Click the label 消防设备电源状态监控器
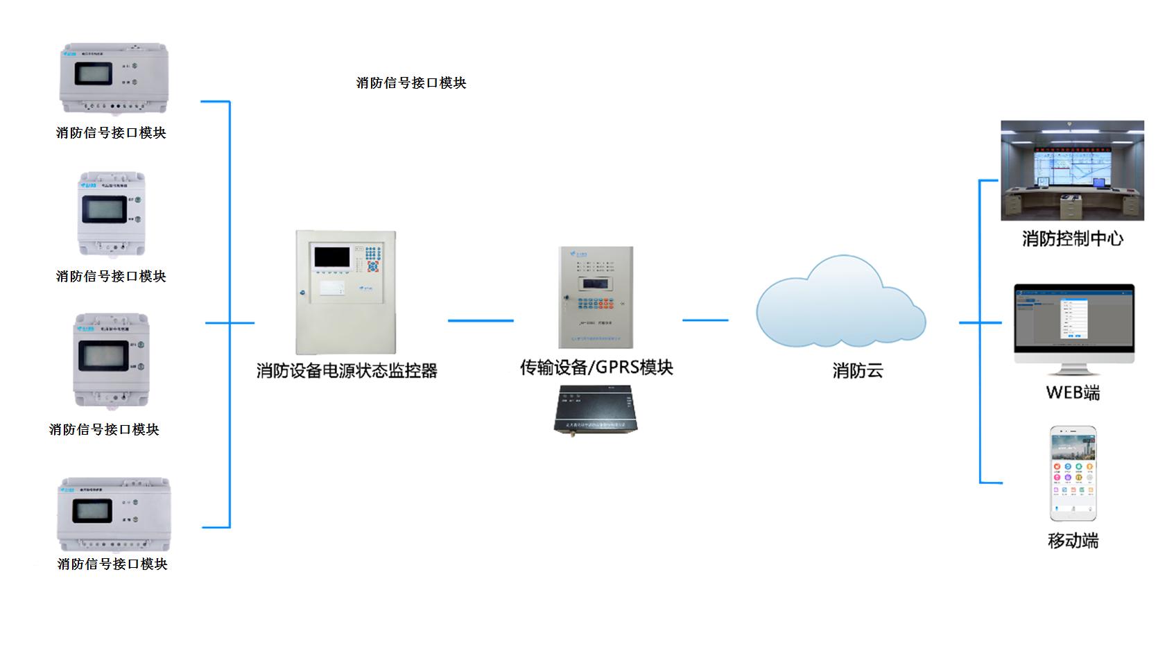click(x=347, y=371)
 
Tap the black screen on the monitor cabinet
click(x=331, y=257)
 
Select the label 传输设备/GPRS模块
click(x=596, y=367)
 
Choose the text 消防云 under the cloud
click(x=858, y=371)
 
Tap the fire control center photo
click(x=1072, y=171)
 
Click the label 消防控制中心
click(x=1072, y=239)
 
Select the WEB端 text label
click(x=1073, y=393)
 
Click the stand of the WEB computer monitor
click(x=1073, y=370)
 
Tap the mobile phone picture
click(x=1073, y=474)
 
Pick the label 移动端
click(x=1073, y=541)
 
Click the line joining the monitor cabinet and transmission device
click(x=481, y=320)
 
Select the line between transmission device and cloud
click(x=705, y=320)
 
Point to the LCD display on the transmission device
click(x=595, y=284)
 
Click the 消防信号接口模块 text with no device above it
click(x=411, y=83)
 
